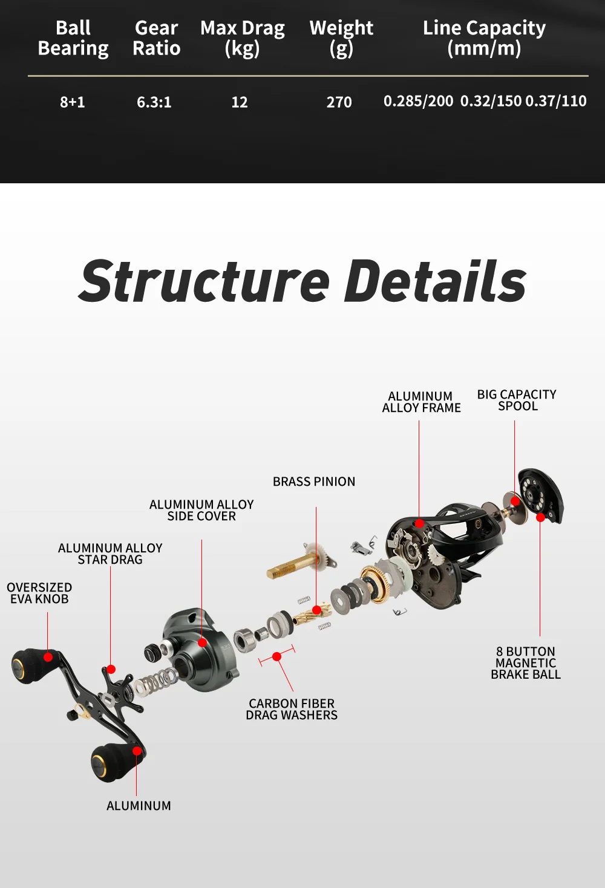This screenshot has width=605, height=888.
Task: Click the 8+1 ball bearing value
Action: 72,102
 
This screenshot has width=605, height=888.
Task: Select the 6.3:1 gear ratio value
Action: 154,102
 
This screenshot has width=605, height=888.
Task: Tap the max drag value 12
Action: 240,102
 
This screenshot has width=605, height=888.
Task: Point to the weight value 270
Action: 339,102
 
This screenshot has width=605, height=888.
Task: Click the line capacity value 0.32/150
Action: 491,101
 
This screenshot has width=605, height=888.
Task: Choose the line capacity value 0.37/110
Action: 556,101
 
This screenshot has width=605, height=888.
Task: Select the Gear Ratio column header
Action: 156,38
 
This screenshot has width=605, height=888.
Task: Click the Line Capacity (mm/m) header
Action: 484,39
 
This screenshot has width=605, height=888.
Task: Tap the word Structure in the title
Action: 204,281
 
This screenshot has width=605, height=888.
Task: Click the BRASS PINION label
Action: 314,482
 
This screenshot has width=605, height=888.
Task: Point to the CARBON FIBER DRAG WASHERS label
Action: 292,709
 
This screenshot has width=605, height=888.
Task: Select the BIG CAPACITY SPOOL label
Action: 517,400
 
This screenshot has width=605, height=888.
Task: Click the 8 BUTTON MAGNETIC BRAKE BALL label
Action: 526,663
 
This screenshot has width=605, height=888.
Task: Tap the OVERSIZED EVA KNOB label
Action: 39,593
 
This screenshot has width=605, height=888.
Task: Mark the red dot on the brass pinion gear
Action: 316,610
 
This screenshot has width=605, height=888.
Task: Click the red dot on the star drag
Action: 111,669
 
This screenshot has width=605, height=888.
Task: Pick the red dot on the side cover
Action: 202,642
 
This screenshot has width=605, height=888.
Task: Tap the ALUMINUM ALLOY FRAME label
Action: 421,402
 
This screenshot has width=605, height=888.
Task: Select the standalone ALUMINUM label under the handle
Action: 139,806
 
